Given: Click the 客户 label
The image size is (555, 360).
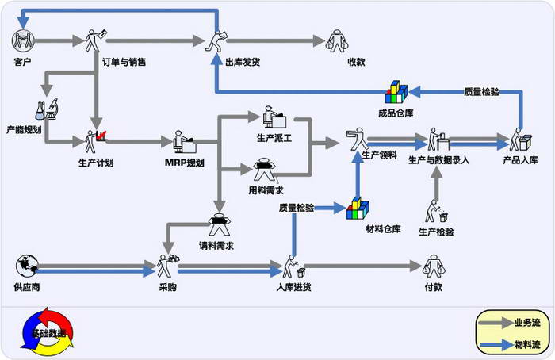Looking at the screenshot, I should click(x=22, y=61).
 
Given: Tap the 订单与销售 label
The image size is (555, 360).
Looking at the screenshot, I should click(x=124, y=61).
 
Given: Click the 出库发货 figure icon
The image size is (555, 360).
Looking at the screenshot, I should click(x=219, y=40).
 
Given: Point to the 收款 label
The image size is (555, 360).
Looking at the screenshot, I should click(x=356, y=61).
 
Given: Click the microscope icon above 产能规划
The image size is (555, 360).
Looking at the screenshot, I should click(x=45, y=107).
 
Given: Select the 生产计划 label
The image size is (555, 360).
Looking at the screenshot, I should click(x=96, y=163).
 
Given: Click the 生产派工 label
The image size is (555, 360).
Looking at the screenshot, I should click(x=274, y=137).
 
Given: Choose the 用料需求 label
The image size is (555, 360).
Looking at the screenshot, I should click(x=266, y=190).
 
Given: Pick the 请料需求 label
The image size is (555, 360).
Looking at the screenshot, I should click(x=216, y=245).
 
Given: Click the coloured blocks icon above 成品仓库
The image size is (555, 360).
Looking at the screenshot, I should click(x=396, y=93).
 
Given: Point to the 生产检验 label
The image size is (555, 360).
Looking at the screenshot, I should click(x=436, y=232).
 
